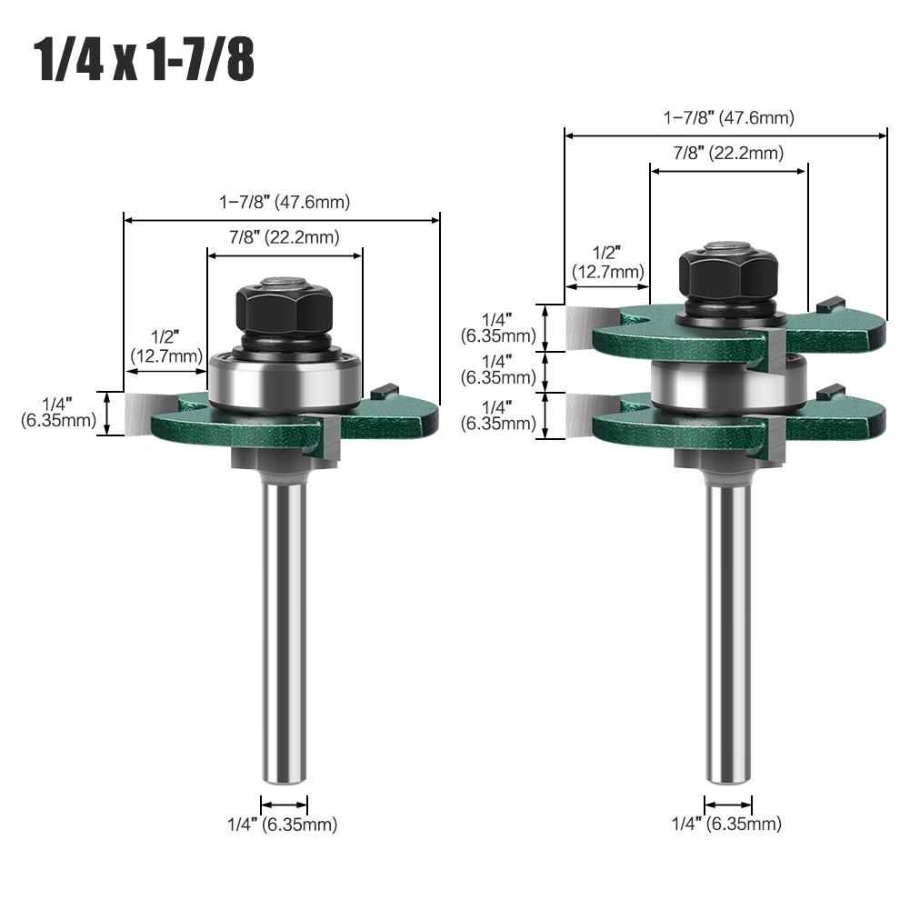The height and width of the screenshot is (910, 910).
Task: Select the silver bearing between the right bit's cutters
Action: click(728, 383)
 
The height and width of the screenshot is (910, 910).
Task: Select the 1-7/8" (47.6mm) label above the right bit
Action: click(728, 117)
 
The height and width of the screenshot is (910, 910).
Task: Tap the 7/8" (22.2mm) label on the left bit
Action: click(284, 238)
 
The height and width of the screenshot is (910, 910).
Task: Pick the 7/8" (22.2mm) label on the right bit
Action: click(728, 153)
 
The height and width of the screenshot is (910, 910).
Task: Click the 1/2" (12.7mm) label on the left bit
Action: click(167, 347)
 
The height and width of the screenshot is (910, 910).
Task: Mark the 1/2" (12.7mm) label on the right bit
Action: click(607, 262)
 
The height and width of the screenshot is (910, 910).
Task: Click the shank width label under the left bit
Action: click(282, 825)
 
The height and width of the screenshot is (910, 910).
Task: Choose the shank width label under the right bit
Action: click(726, 825)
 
